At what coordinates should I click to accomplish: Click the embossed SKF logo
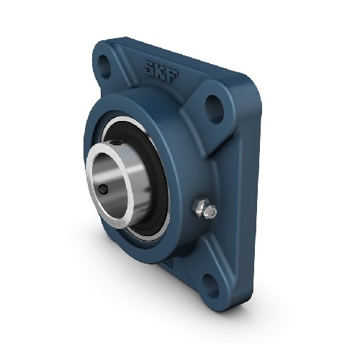161,71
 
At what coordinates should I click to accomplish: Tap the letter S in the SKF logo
150,68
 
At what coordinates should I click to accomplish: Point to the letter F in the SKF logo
172,76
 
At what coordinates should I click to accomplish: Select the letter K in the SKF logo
161,71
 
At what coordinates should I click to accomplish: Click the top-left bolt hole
104,67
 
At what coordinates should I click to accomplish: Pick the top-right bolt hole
215,109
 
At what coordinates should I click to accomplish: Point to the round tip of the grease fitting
212,212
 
